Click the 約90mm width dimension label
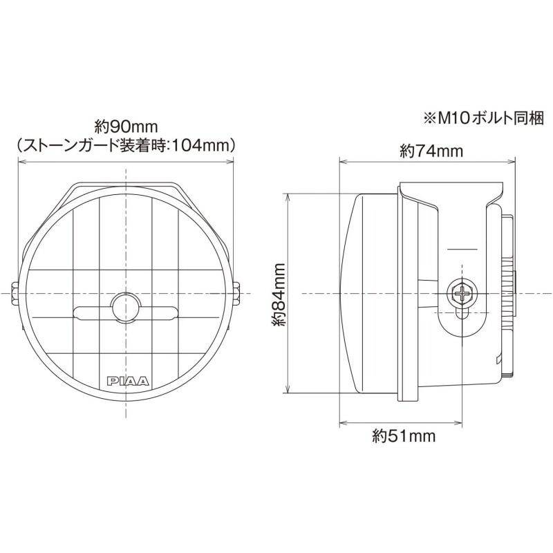(x=126, y=127)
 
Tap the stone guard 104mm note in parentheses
(x=126, y=146)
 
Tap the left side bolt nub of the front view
(x=15, y=292)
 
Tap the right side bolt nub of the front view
(x=238, y=292)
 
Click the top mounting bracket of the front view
(x=126, y=187)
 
